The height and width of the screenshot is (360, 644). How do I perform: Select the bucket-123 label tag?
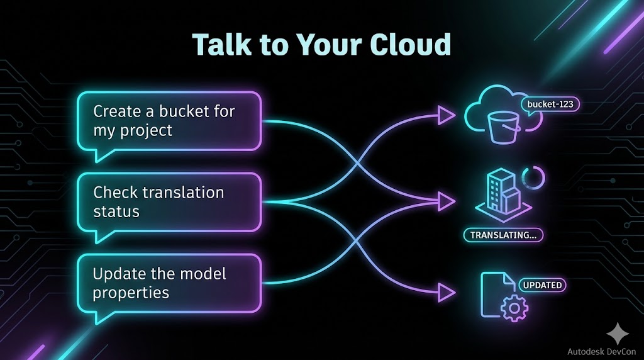550,104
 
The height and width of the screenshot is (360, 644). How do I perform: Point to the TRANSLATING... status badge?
503,235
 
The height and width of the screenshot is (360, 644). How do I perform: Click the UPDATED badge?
542,285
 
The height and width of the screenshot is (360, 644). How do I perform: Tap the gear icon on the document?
514,307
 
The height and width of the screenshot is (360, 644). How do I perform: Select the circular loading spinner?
533,178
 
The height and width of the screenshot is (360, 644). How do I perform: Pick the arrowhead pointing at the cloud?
446,115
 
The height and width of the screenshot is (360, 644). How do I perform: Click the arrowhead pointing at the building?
446,201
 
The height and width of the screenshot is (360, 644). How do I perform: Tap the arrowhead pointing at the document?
446,293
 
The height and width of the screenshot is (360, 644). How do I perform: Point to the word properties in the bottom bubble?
131,293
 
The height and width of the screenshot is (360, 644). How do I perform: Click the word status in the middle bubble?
116,211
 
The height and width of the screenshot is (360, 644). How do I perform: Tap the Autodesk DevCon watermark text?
601,351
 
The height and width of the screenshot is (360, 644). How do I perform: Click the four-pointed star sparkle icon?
618,334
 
